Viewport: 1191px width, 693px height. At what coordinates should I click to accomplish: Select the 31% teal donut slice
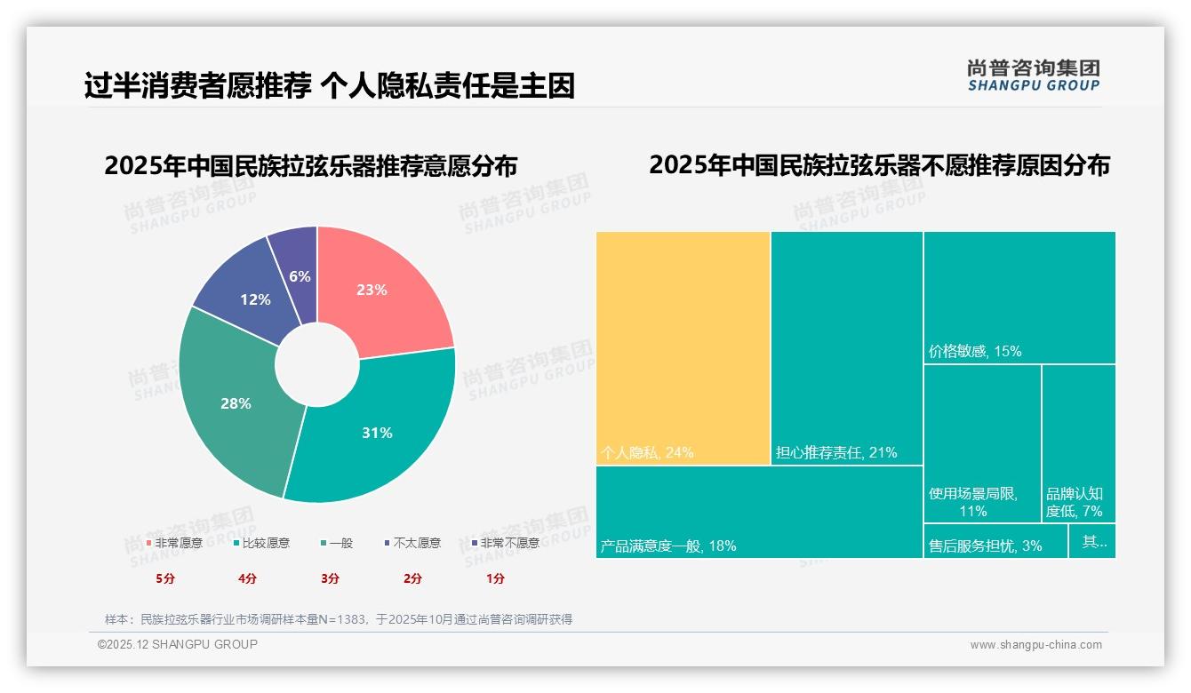[378, 433]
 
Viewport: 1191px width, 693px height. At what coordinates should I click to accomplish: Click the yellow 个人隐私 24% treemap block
[683, 346]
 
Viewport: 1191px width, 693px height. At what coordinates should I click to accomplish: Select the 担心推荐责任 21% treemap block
[846, 346]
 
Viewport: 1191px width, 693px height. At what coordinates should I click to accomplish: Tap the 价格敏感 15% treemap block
[1019, 297]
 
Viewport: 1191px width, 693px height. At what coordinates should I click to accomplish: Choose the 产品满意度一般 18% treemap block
[758, 512]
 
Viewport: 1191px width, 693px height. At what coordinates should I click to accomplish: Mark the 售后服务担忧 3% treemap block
[995, 541]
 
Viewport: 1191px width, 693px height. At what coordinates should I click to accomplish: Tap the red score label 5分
[165, 578]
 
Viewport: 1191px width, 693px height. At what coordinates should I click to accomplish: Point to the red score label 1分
[495, 578]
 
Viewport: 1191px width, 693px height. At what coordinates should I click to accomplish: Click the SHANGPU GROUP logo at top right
[1033, 76]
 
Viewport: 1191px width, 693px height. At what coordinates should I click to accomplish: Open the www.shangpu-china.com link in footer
[1035, 645]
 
